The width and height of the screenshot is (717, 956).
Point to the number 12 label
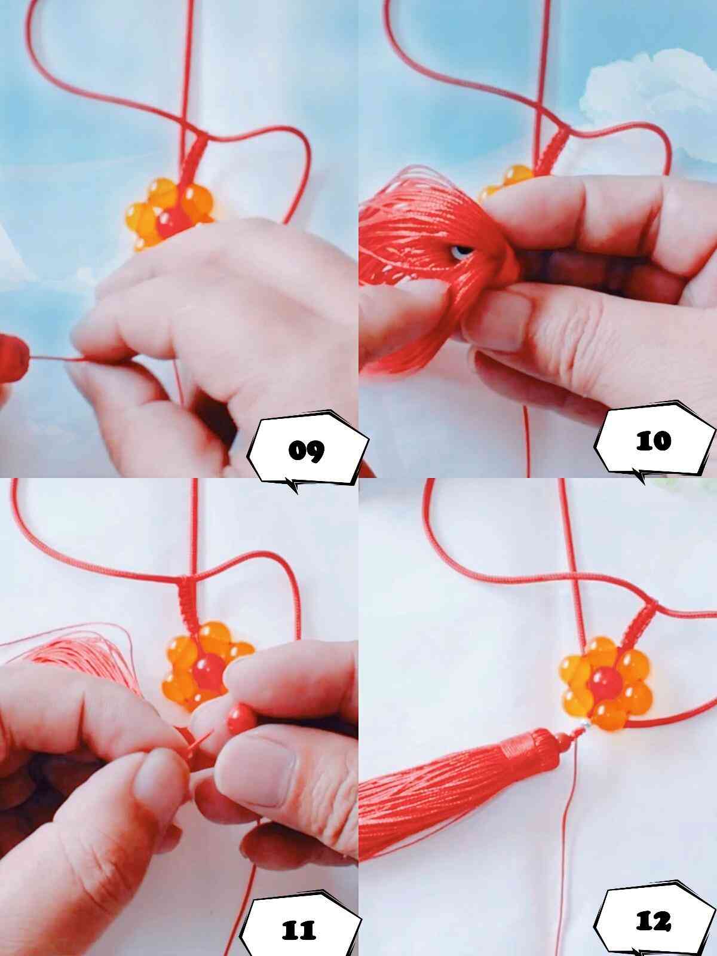click(653, 921)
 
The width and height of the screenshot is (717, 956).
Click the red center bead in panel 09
click(171, 222)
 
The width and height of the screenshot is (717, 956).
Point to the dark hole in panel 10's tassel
click(461, 252)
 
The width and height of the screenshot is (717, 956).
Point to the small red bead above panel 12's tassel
click(563, 740)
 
